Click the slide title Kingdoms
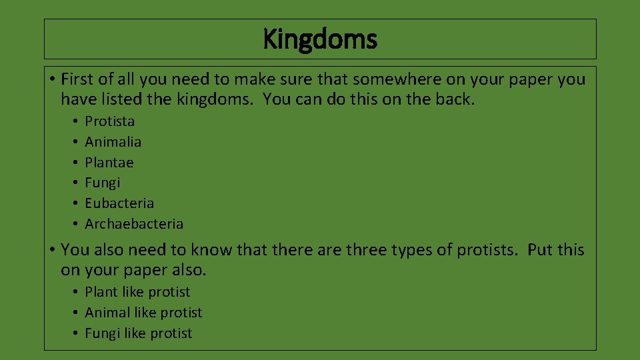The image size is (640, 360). point(320,39)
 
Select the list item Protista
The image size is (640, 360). point(110,121)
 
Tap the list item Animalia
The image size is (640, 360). point(113,142)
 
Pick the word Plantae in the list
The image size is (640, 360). point(109,163)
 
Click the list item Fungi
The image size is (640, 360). point(103,183)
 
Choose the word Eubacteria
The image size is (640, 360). point(119,203)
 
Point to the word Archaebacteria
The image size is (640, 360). point(134,224)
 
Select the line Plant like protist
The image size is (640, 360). point(137,292)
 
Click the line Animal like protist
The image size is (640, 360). point(143,313)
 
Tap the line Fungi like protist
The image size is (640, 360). point(138,333)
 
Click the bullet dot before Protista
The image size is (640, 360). point(75,122)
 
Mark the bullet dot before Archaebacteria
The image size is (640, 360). point(75,225)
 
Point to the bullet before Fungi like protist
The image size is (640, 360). point(75,334)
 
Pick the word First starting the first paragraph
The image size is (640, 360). point(77,79)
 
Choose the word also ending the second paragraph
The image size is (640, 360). point(191,270)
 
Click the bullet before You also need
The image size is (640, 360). point(51,251)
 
